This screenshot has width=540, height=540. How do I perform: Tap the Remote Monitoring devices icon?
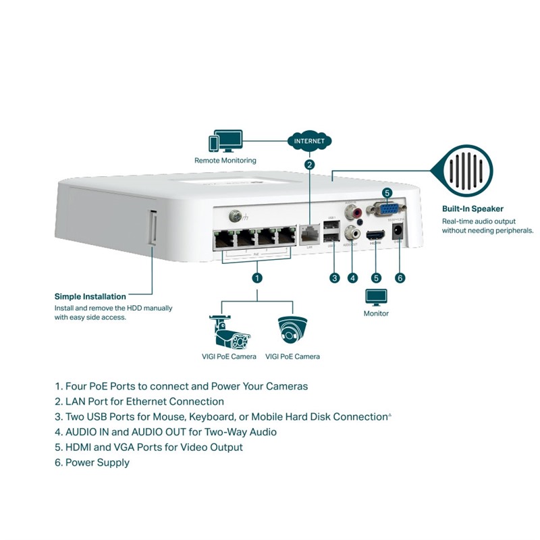[x=225, y=141]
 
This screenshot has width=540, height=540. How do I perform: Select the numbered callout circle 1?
[x=257, y=277]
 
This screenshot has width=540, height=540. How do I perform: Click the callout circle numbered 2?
[x=309, y=164]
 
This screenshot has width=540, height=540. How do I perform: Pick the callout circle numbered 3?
[x=333, y=277]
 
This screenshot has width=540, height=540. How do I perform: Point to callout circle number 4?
[x=352, y=277]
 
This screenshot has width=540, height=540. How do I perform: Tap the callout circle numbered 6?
[x=400, y=277]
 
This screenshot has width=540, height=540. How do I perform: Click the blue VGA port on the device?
[x=386, y=211]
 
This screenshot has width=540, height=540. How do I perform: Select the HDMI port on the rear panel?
[x=376, y=236]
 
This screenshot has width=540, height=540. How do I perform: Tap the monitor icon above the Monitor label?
[x=376, y=297]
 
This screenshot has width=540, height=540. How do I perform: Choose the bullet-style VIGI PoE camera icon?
[x=229, y=331]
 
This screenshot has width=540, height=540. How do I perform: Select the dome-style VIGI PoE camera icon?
[x=292, y=330]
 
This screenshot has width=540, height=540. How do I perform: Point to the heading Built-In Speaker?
[x=473, y=209]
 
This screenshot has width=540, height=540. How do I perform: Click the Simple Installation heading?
[x=90, y=296]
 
